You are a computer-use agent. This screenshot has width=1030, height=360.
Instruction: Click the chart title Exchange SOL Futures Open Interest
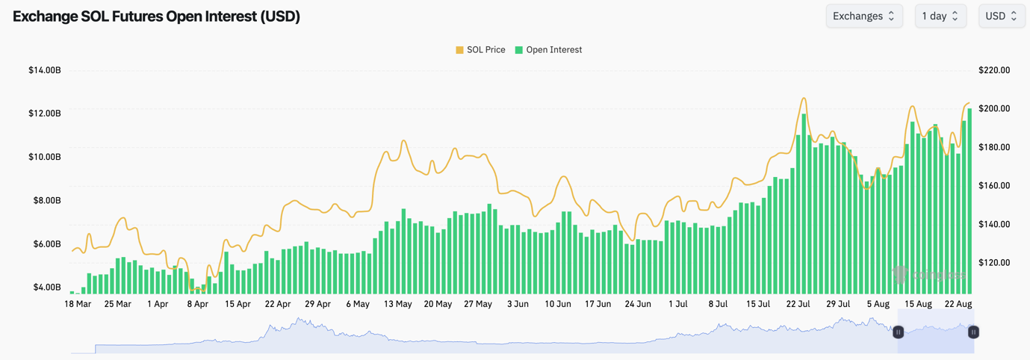tap(156, 16)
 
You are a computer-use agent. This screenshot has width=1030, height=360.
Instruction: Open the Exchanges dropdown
tap(863, 16)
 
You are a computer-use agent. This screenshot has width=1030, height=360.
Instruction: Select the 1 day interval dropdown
tap(940, 16)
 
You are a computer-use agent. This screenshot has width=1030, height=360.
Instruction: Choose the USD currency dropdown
tap(1001, 16)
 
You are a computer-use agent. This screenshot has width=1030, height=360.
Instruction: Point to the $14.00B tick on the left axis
tap(45, 70)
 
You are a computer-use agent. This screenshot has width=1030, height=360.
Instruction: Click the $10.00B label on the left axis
tap(45, 157)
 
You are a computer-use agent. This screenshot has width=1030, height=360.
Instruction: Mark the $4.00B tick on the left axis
tap(45, 288)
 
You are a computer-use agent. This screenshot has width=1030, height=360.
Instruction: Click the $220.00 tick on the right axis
tap(994, 70)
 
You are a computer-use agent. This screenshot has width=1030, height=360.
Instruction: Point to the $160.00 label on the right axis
tap(994, 186)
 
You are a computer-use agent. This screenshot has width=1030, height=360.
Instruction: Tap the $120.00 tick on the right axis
tap(994, 263)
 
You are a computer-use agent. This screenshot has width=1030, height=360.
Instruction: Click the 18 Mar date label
tap(78, 304)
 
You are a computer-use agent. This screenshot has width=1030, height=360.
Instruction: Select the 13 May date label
tap(398, 304)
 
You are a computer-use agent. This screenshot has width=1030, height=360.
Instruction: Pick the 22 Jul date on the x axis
tap(798, 304)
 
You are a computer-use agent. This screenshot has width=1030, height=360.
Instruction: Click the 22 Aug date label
tap(958, 304)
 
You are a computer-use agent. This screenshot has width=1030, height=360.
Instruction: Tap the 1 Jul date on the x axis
tap(678, 304)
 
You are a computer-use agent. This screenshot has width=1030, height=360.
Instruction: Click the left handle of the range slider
tap(899, 332)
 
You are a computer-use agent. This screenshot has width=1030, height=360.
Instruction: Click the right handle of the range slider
tap(973, 332)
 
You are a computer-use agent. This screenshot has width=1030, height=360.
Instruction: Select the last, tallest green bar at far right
tap(969, 202)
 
